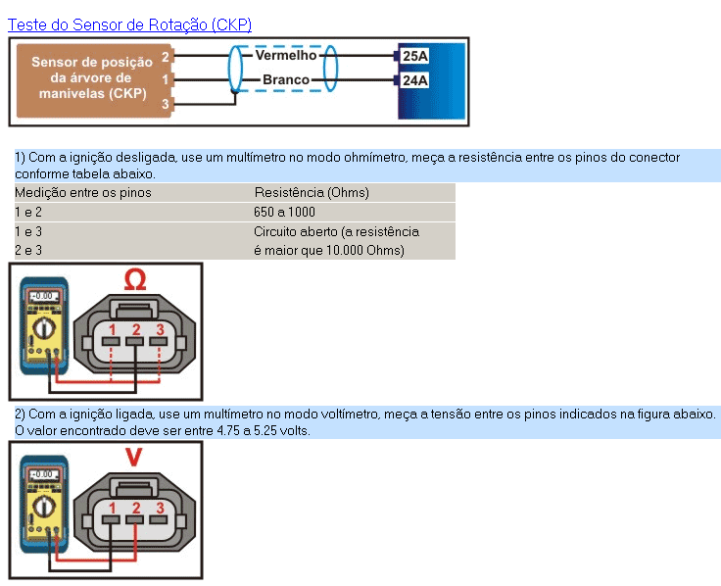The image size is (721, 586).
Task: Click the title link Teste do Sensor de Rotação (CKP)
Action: [129, 24]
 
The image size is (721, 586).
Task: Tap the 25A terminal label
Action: [415, 56]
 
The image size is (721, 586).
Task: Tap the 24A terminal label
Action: [415, 80]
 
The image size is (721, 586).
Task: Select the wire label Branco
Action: [286, 79]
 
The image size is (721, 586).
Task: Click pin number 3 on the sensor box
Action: [166, 103]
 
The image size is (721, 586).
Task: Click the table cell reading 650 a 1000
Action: [285, 212]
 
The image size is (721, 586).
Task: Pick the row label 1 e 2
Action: [28, 212]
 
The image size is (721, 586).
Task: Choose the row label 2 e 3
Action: [28, 250]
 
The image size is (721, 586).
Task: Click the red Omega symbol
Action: [135, 281]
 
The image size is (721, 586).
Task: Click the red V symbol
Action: [135, 458]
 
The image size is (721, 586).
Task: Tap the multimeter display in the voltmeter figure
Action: [42, 473]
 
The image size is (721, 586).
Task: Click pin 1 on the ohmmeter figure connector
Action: [113, 329]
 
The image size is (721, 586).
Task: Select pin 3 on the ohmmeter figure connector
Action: [160, 329]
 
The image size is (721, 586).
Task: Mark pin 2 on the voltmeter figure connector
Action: [136, 508]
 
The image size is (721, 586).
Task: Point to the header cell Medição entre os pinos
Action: [82, 192]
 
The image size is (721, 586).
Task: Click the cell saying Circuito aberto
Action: [336, 231]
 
